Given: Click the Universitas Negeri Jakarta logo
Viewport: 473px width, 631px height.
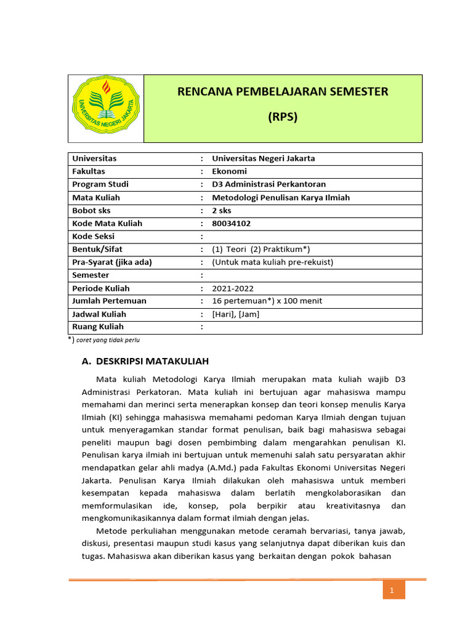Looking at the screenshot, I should pyautogui.click(x=106, y=108).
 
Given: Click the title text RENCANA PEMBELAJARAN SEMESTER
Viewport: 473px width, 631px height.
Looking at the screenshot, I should pyautogui.click(x=283, y=92).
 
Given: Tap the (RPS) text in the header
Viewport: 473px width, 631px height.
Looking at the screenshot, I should pyautogui.click(x=283, y=117).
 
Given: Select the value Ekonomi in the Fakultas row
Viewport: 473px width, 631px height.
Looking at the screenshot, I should pyautogui.click(x=229, y=171).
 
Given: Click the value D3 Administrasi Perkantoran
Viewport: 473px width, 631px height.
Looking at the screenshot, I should pyautogui.click(x=269, y=184).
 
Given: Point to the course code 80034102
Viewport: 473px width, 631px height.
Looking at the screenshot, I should pyautogui.click(x=232, y=223).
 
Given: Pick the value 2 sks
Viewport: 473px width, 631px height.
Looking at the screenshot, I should pyautogui.click(x=224, y=210).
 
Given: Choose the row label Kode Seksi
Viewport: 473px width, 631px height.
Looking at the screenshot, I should pyautogui.click(x=94, y=236).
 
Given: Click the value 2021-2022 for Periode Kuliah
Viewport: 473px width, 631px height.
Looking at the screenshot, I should pyautogui.click(x=232, y=288).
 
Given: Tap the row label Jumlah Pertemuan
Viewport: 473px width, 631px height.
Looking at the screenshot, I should pyautogui.click(x=109, y=301).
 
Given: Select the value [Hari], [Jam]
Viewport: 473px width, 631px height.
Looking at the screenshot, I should pyautogui.click(x=235, y=314).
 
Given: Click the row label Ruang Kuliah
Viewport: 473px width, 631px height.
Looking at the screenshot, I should pyautogui.click(x=98, y=327).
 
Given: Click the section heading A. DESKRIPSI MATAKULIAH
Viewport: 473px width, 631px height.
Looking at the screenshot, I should pyautogui.click(x=145, y=361).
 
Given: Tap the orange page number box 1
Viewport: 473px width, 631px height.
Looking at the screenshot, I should pyautogui.click(x=392, y=592).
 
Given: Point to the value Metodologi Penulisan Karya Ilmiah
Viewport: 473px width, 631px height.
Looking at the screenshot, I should pyautogui.click(x=280, y=197).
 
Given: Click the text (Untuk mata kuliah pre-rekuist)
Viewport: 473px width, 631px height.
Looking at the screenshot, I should pyautogui.click(x=272, y=262).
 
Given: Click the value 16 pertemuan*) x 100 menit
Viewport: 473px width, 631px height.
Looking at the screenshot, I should pyautogui.click(x=267, y=301).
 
